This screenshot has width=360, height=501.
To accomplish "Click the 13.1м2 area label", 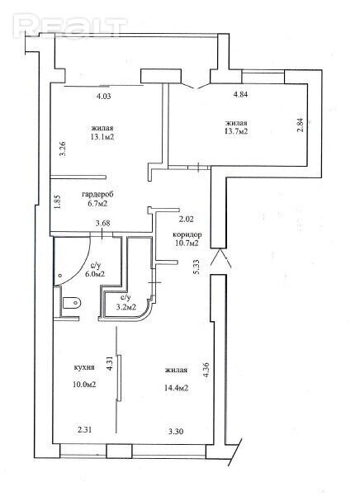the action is point(102,137).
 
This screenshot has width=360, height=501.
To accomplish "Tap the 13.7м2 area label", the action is point(236,131).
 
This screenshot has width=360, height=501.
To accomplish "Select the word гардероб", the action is point(97,194).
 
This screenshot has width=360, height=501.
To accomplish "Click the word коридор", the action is point(187,234).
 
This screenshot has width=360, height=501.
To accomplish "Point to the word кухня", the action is point(84,367).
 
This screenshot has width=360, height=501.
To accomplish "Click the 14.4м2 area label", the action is point(176,388).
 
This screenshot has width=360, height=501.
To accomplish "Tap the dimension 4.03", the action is point(103,96).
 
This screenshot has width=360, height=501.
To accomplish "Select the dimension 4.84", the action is point(241,94).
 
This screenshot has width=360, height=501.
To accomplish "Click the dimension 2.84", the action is point(301,125).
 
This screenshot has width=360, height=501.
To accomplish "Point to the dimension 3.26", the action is point(63,149).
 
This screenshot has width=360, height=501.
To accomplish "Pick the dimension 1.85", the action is point(57,202).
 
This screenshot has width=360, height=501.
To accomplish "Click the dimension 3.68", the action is point(103,223).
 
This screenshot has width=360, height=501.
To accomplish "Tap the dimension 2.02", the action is point(186,220).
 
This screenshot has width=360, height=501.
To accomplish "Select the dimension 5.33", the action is point(197,267).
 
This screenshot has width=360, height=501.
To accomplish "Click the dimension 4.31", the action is point(111,363).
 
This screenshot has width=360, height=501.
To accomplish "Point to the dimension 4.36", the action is point(206,370).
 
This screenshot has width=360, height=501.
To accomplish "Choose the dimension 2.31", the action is point(84,430).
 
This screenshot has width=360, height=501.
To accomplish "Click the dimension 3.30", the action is point(176,431).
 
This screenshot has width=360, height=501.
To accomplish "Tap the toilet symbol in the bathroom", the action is point(72,302).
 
